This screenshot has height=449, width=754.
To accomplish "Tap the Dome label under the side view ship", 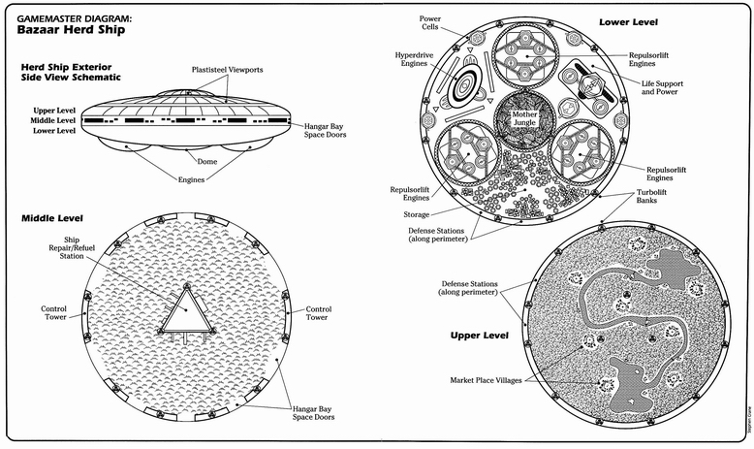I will [207, 161].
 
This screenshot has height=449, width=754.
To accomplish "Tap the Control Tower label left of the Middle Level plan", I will [53, 312].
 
